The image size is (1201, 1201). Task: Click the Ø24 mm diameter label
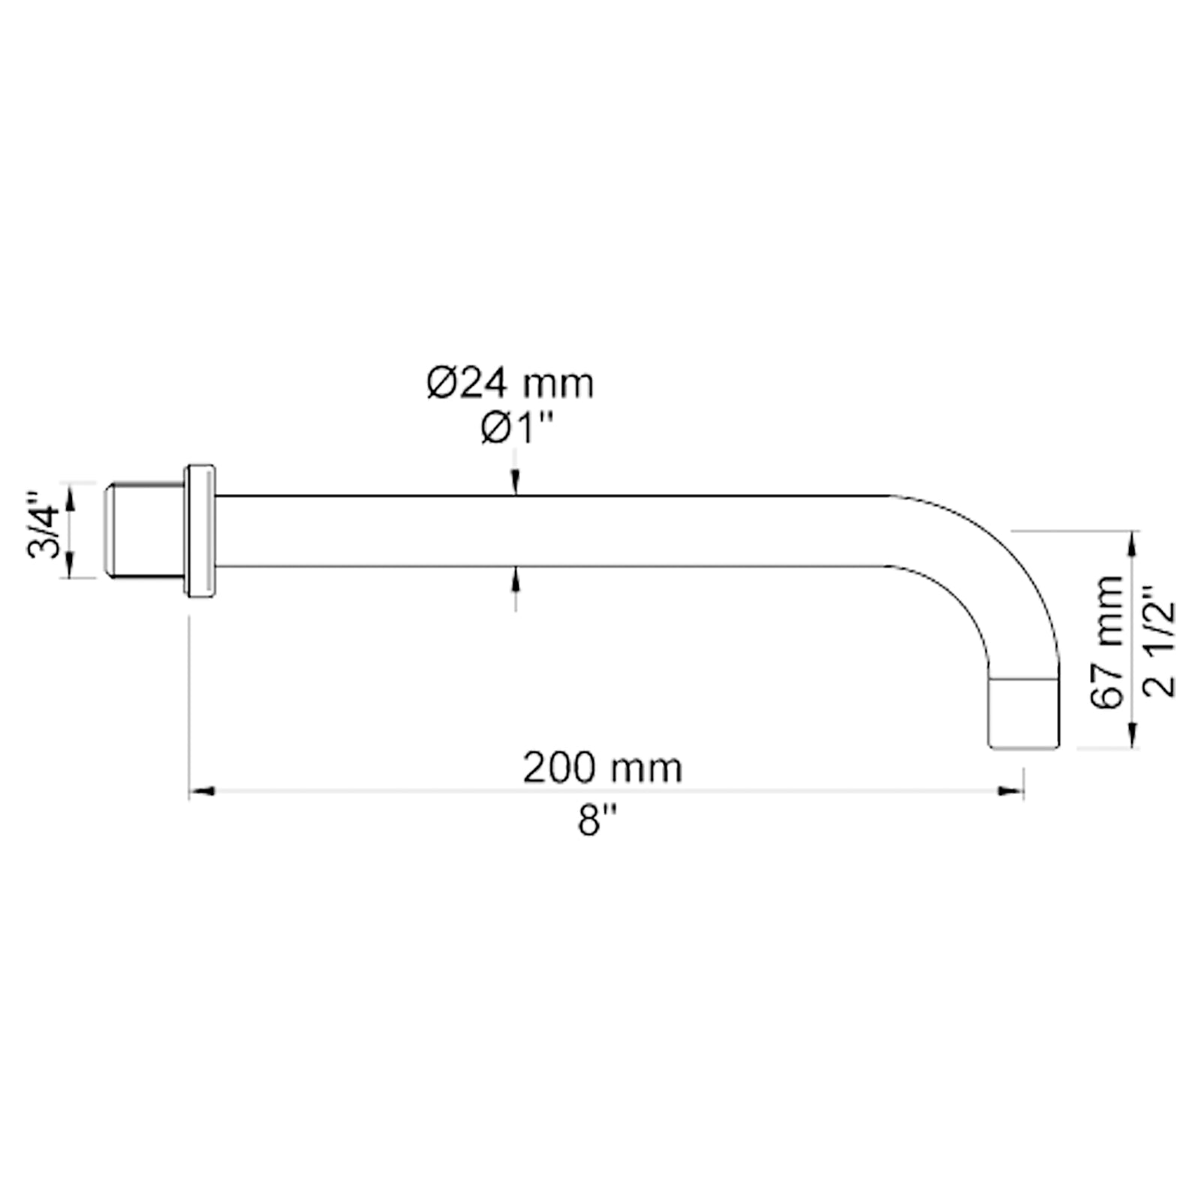click(510, 384)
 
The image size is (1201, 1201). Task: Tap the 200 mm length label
click(602, 768)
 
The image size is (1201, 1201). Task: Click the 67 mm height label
click(1106, 643)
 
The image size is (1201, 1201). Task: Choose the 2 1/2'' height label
click(1160, 643)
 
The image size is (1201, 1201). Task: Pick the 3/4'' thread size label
click(43, 525)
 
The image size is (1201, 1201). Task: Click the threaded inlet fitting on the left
click(143, 531)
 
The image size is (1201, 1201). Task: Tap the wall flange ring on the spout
click(200, 531)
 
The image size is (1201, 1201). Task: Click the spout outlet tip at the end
click(1024, 713)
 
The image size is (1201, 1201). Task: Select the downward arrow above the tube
click(515, 484)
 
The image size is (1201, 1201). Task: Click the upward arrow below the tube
click(515, 578)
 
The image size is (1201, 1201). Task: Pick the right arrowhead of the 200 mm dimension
click(1012, 790)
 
